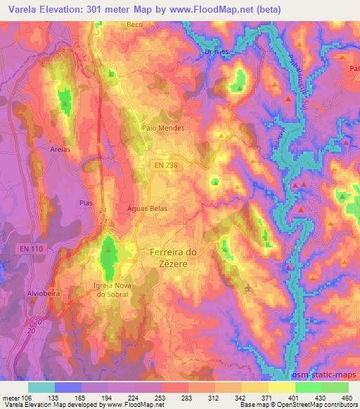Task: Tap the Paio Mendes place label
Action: (163, 129)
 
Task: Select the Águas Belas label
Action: (147, 209)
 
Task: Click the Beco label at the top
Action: (134, 25)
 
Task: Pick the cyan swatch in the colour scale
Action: (41, 387)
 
